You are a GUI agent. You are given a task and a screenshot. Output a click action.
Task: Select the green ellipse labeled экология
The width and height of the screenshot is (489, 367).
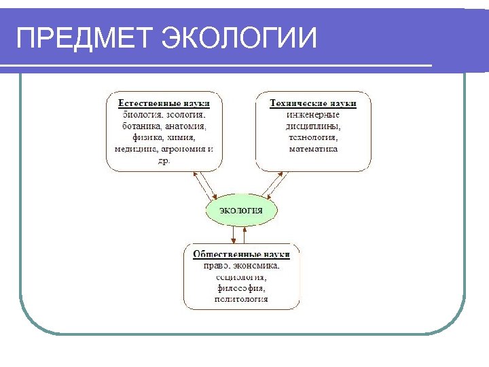coord(241,211)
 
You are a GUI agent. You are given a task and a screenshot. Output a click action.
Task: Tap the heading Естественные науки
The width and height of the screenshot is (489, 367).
coord(164,103)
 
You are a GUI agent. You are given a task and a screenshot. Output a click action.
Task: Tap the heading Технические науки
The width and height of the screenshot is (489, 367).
coord(313,103)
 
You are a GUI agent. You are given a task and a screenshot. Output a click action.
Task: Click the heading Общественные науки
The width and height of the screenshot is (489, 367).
coord(241,254)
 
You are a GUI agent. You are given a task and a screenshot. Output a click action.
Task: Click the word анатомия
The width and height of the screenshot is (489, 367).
coord(185,126)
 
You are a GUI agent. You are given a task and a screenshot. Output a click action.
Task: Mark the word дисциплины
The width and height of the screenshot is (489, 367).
coord(313,126)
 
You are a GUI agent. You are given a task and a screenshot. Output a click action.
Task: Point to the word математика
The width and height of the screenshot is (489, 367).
coord(313,149)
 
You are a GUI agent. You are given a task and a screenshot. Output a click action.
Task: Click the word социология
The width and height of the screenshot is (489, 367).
coord(241,277)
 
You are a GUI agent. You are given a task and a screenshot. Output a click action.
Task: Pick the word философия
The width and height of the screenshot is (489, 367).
coord(241,288)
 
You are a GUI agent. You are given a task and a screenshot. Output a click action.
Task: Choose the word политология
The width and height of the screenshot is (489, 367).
coord(241,299)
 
